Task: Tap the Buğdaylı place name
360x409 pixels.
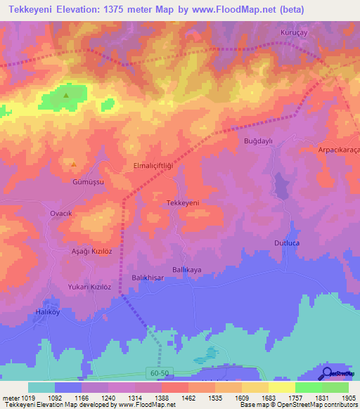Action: click(x=257, y=141)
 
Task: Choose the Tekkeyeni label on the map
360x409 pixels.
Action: click(x=182, y=202)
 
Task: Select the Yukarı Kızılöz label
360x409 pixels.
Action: click(x=89, y=287)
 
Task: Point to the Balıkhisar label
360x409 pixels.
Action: click(x=148, y=278)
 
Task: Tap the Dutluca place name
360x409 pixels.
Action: click(x=287, y=242)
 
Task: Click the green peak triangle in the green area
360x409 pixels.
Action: click(x=66, y=95)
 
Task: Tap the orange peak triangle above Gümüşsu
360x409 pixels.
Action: click(x=74, y=164)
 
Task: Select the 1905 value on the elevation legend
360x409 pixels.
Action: click(x=348, y=398)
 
